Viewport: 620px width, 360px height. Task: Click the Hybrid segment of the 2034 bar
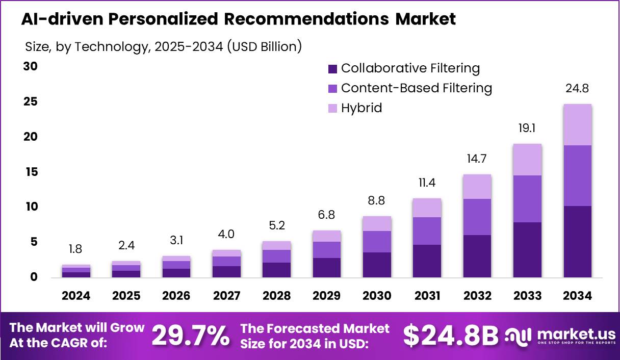(x=577, y=125)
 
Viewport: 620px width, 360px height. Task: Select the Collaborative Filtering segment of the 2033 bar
(x=527, y=250)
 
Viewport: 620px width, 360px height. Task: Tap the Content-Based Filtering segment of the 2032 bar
(x=477, y=217)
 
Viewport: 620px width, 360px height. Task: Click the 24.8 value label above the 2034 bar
(x=577, y=88)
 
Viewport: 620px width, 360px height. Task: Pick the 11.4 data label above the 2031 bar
(x=427, y=183)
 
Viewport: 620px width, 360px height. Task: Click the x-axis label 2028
(x=277, y=296)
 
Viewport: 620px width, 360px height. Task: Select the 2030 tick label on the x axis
(x=377, y=296)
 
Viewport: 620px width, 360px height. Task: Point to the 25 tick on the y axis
(x=32, y=102)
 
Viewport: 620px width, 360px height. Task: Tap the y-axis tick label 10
(x=32, y=207)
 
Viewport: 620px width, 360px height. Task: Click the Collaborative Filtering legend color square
(x=333, y=69)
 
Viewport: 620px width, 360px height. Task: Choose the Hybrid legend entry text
(x=361, y=108)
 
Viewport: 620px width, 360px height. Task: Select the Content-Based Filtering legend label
(x=416, y=88)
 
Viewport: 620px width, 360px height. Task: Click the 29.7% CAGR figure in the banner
(x=191, y=336)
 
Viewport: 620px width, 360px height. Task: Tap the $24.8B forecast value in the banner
(x=451, y=336)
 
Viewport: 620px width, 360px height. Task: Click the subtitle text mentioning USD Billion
(x=163, y=46)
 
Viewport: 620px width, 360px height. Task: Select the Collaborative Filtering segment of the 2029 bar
(x=327, y=268)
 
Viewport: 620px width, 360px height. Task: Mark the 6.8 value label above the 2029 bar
(x=327, y=215)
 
